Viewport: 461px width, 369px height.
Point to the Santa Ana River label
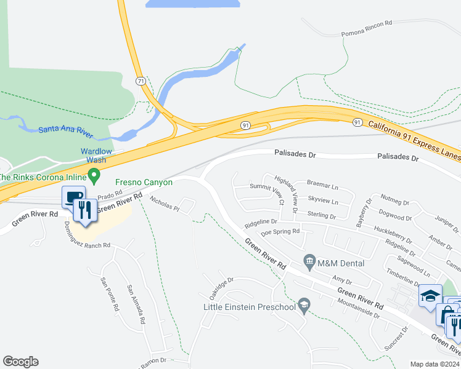[x=65, y=129]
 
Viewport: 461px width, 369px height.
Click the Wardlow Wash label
[x=96, y=156]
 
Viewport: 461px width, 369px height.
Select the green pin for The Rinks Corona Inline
[x=94, y=177]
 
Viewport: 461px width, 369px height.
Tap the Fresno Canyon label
[x=144, y=182]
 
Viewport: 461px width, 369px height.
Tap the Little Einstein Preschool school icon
[x=303, y=306]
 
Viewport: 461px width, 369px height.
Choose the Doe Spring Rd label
[x=280, y=232]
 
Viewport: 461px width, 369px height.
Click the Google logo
[x=20, y=362]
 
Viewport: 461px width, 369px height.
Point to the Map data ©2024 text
[x=434, y=364]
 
